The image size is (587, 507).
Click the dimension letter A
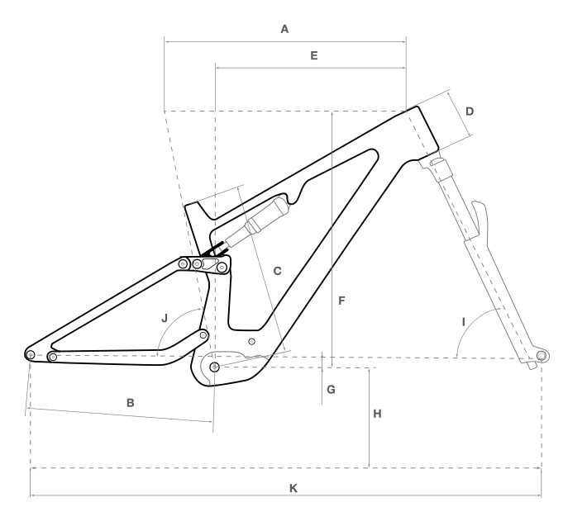click(x=284, y=29)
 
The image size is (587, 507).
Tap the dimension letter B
click(x=131, y=403)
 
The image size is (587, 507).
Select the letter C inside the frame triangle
click(x=277, y=271)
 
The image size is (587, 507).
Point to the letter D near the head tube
click(x=470, y=111)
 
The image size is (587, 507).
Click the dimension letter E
click(x=314, y=55)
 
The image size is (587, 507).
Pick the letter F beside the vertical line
click(x=341, y=301)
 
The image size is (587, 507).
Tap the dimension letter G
click(x=331, y=390)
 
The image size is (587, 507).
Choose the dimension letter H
click(x=377, y=414)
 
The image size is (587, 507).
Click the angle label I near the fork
click(x=464, y=322)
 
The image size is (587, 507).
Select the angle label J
click(x=165, y=318)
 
